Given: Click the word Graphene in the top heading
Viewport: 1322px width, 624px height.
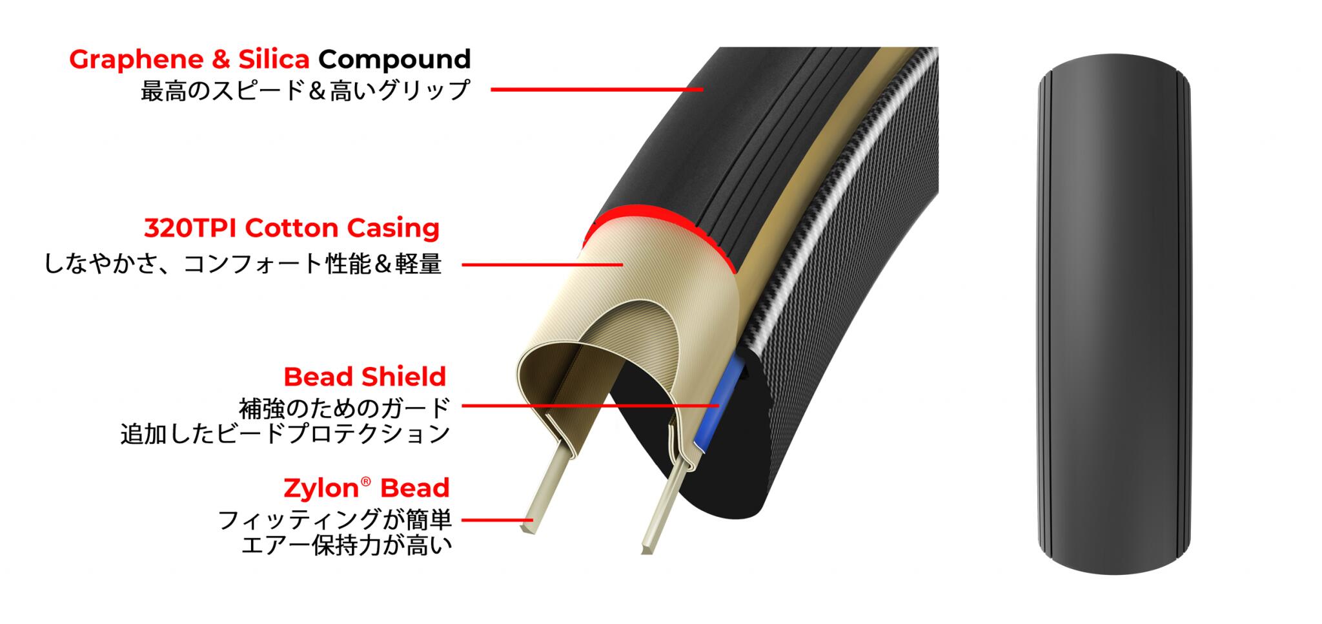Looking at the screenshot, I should click(136, 59).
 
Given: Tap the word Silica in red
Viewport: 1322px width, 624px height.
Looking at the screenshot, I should click(274, 59).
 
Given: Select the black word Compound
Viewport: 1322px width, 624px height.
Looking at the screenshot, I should click(394, 59).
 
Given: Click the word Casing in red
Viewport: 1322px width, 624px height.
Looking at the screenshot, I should click(393, 228).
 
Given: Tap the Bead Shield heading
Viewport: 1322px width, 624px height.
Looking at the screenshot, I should click(365, 377).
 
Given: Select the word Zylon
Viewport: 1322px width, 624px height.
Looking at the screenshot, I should click(321, 488).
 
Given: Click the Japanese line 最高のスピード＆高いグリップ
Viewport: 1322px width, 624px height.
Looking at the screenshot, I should click(305, 90).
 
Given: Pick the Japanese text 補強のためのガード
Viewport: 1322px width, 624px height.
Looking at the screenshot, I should click(344, 408).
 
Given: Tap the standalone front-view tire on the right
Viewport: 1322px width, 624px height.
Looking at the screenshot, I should click(1114, 313).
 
